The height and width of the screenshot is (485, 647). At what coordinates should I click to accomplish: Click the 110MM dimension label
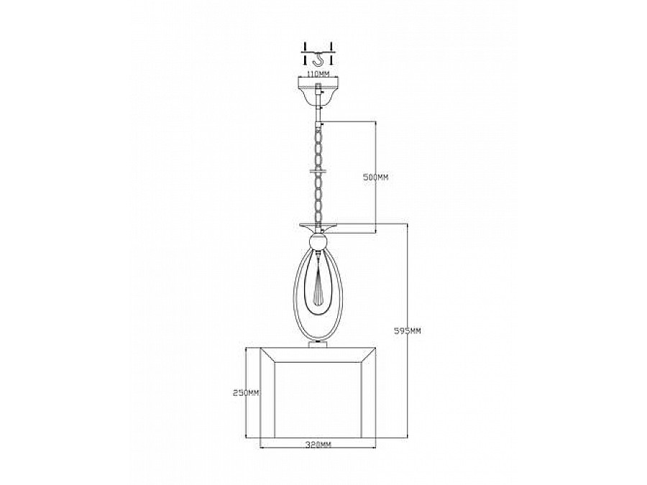[317, 73]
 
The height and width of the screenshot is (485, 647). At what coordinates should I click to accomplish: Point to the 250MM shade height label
[247, 393]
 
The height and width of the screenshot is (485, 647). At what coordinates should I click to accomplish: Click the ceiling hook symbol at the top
[317, 54]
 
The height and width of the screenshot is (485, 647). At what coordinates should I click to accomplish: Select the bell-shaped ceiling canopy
[317, 91]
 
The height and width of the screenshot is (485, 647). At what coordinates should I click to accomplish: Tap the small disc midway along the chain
[317, 171]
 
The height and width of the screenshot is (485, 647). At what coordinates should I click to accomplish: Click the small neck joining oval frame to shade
[317, 344]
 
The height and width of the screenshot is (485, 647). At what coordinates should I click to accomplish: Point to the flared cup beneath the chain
[317, 225]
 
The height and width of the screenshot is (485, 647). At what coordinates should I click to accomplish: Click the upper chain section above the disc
[317, 144]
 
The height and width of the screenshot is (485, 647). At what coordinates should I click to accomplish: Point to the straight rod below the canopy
[317, 111]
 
